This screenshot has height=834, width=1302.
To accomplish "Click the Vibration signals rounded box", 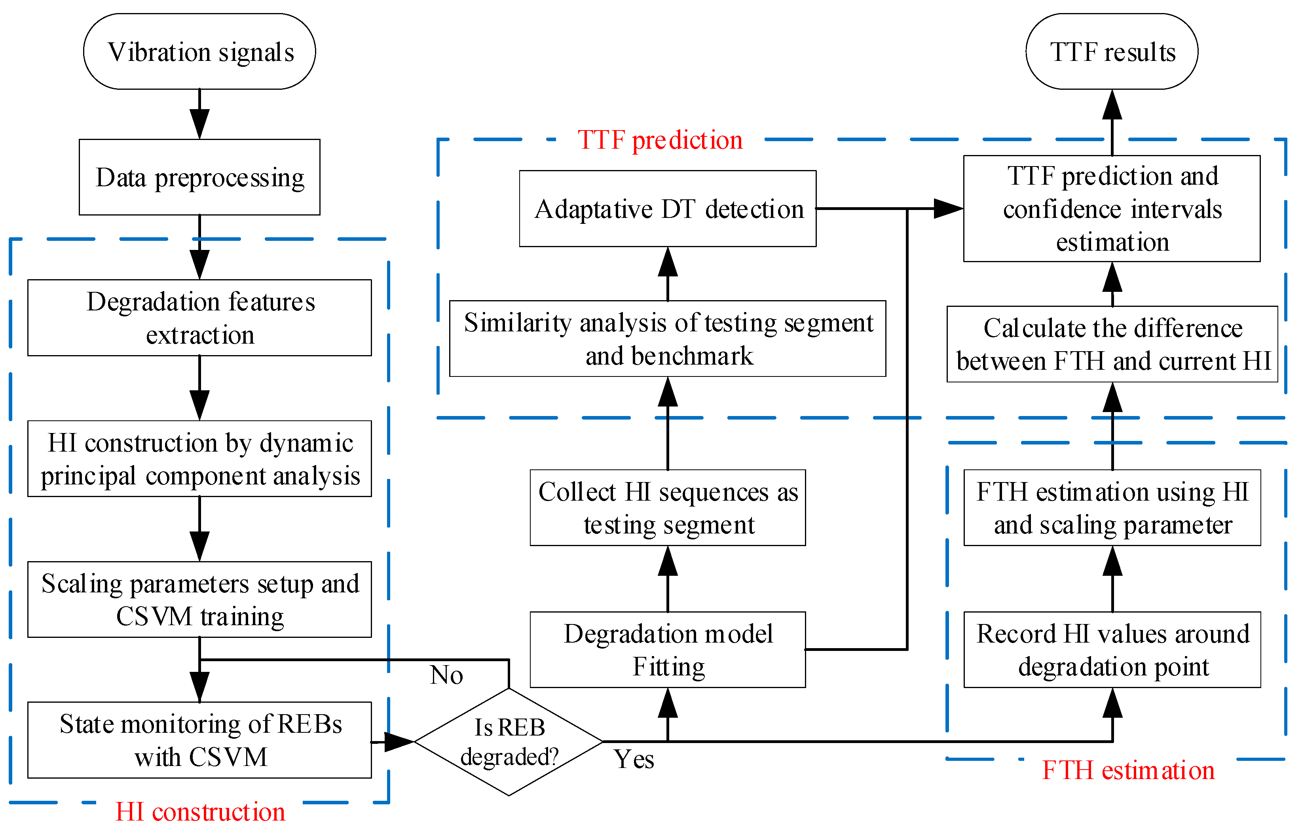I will (199, 51).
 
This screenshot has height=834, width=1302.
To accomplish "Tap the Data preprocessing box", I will (199, 177).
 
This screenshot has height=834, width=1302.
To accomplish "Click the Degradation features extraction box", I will (199, 318).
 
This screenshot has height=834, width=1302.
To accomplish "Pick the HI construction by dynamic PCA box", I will (199, 459).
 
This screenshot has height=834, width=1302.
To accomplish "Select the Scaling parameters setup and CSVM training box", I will (199, 599).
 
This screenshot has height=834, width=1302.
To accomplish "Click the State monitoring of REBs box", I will (199, 740).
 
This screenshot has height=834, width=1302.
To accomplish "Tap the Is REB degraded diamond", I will (509, 742).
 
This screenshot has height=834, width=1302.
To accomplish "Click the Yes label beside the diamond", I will (634, 759).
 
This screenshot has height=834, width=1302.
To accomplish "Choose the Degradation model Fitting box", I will (668, 650).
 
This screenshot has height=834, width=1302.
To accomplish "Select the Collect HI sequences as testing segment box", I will (668, 508).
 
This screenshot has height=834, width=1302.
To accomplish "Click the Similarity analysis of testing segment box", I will (668, 339).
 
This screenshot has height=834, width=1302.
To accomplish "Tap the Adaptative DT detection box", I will (668, 209).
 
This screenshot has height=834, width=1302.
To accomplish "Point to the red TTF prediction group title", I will (660, 140).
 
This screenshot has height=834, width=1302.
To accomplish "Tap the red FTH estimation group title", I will (1128, 770).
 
